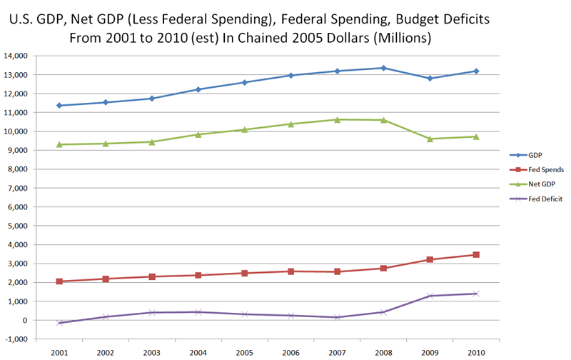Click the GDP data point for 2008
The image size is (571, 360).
pos(383,68)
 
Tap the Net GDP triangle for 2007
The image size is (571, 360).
pos(337,119)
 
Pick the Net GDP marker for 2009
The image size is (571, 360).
pos(430,139)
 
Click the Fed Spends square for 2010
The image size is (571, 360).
pos(476,254)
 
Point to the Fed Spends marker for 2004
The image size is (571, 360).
pos(198,275)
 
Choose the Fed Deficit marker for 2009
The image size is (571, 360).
pos(430,296)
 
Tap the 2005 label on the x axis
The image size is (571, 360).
pos(245,352)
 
